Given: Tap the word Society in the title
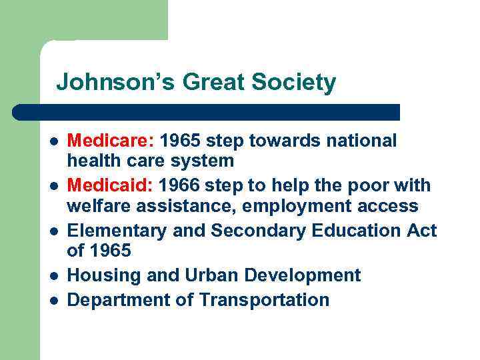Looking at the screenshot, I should point(295,83).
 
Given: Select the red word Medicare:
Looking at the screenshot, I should point(111,141).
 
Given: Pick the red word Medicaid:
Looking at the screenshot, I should point(111,185).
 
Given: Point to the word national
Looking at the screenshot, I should point(362,141).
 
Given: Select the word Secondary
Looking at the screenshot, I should point(255,231).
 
